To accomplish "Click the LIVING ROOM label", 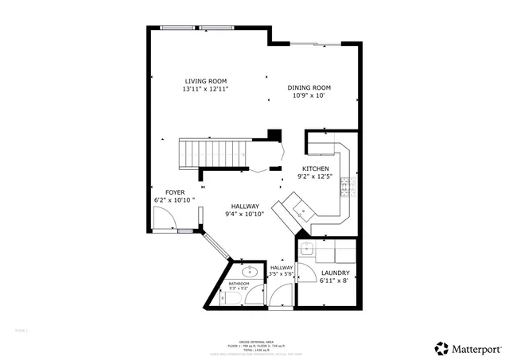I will click(x=206, y=81).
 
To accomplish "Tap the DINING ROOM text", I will click(x=309, y=87).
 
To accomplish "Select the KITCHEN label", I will click(x=315, y=168).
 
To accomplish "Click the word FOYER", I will click(x=175, y=192).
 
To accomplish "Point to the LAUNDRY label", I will click(x=335, y=273).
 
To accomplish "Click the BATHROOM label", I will click(x=239, y=284).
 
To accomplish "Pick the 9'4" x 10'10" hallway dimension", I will click(x=244, y=214).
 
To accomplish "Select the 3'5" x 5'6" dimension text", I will click(x=282, y=274).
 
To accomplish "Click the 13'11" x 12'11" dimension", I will click(x=206, y=89).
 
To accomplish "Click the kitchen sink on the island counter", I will click(x=302, y=210).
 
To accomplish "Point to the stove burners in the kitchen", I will click(x=348, y=188).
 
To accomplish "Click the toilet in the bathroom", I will click(x=229, y=299).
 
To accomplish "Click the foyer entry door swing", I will click(x=165, y=222).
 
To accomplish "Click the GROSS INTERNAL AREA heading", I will click(x=256, y=339).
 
